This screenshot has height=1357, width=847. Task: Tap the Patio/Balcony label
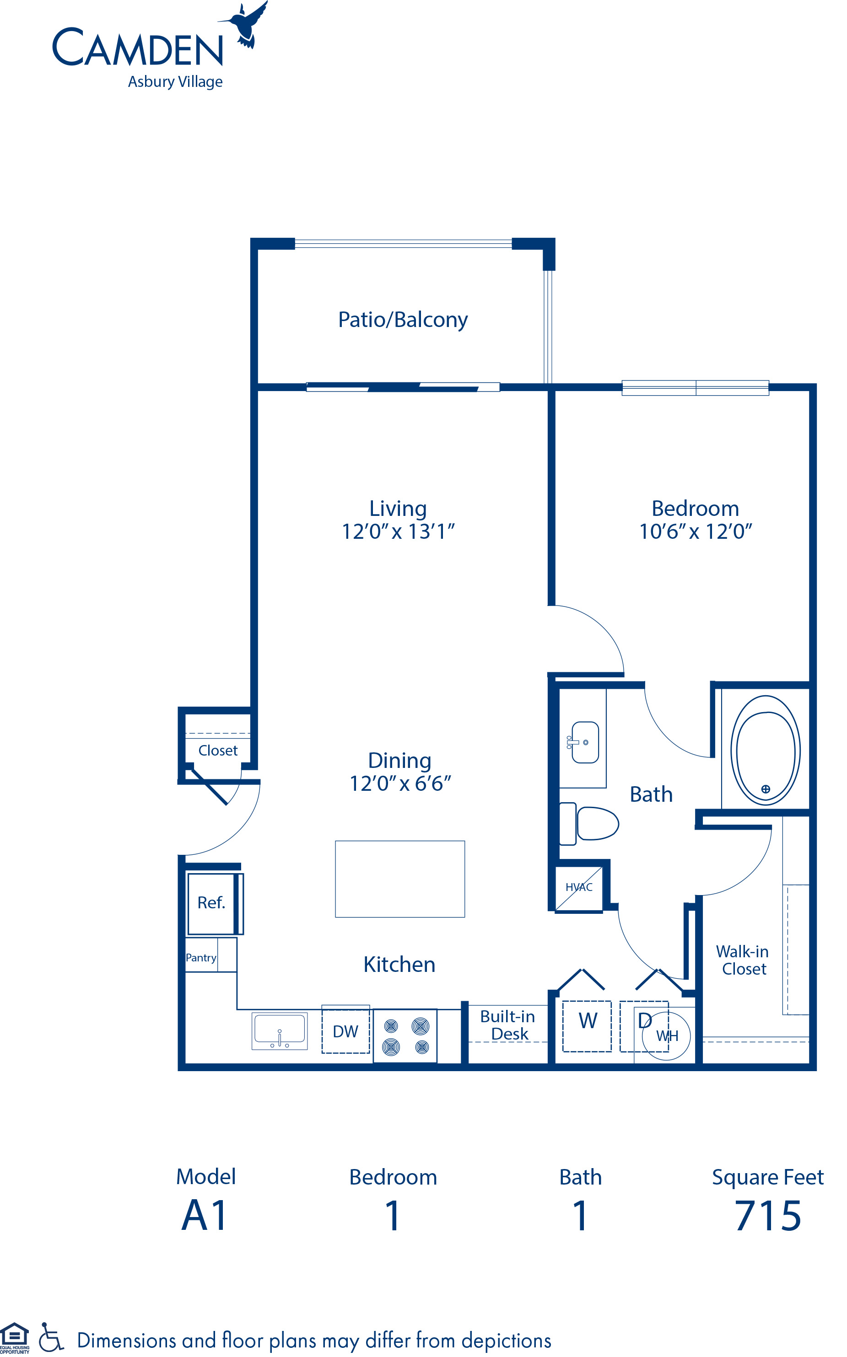tap(402, 320)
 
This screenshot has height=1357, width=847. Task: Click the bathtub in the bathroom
tap(765, 750)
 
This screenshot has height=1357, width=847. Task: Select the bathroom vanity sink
tap(585, 742)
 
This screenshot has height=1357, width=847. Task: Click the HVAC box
tap(579, 887)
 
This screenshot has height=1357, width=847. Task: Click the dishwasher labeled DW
tap(345, 1031)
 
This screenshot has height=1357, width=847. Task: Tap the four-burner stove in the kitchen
tap(405, 1035)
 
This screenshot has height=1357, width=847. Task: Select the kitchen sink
tap(280, 1030)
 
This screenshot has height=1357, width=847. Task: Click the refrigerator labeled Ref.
tap(211, 902)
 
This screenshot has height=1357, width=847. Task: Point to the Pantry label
tap(201, 957)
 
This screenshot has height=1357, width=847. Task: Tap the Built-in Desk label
tap(507, 1024)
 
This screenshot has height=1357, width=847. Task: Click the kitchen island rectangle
tap(399, 879)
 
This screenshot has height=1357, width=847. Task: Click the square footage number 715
tap(767, 1216)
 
